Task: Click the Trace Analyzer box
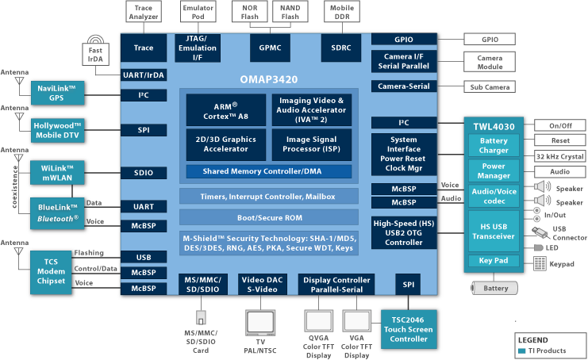pos(144,12)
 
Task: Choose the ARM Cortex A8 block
pos(226,110)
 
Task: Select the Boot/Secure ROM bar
pos(264,217)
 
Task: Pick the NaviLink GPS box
pos(57,93)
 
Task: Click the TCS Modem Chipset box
pos(51,270)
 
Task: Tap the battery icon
pos(495,286)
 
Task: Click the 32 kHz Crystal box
pos(559,155)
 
